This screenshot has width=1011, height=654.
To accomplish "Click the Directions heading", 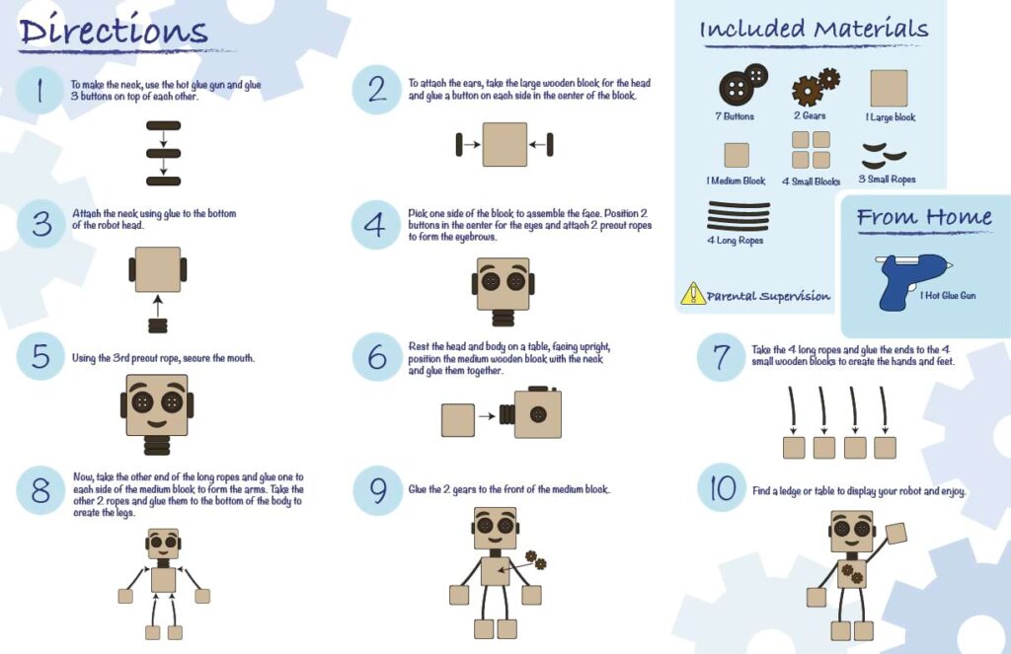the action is click(114, 31).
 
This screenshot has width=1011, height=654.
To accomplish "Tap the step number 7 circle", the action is click(722, 357).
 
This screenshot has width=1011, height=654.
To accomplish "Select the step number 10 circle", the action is click(722, 487).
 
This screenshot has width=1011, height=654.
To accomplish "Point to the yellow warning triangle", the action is click(693, 294).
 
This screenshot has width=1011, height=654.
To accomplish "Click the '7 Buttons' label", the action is click(735, 116).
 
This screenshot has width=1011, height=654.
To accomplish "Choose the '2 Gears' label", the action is click(810, 116).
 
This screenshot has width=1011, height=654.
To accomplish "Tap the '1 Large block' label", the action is click(891, 117).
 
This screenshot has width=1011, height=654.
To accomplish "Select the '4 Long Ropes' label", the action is click(735, 241).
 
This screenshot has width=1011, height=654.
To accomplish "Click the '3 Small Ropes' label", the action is click(888, 180).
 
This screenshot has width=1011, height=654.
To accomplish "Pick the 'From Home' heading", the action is click(924, 217).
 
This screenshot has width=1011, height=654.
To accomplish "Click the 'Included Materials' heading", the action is click(814, 29).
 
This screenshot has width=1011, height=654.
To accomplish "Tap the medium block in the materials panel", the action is click(737, 155).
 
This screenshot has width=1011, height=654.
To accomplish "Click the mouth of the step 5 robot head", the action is click(157, 423).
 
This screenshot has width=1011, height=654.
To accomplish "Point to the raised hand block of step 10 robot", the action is click(895, 534).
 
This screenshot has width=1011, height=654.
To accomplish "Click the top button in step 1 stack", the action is click(163, 125).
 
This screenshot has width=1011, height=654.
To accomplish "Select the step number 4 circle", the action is click(375, 225).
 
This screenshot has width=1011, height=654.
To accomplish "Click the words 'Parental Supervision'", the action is click(768, 296).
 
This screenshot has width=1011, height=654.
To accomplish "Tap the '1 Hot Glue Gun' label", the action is click(948, 296).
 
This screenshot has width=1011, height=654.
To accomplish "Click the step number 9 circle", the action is click(377, 489).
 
